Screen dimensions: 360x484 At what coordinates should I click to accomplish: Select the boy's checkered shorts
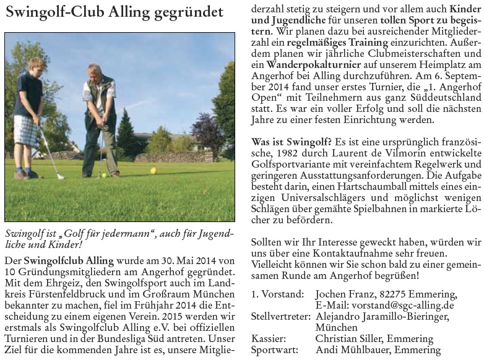coord(25,131)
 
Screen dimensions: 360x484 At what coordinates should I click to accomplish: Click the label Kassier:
coord(269,338)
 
